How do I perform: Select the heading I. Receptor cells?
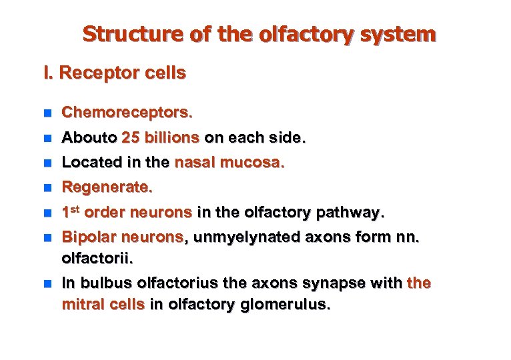point(114,73)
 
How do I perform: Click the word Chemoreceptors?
point(127,114)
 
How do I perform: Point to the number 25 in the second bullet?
point(131,139)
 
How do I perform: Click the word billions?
point(171,139)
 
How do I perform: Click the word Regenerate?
point(107,188)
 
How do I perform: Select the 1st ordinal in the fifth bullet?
point(71,213)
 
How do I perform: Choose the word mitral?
point(82,305)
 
